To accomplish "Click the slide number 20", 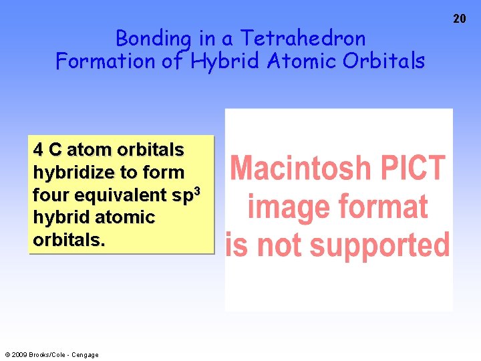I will pos(460,19).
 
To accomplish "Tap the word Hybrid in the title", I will pos(226,62).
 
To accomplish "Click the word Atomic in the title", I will pos(301,62).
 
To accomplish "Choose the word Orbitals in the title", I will pos(383,62).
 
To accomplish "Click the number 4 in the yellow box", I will pos(38,149).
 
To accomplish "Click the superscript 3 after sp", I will pos(196,190).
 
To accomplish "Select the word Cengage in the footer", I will pos(84,355).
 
